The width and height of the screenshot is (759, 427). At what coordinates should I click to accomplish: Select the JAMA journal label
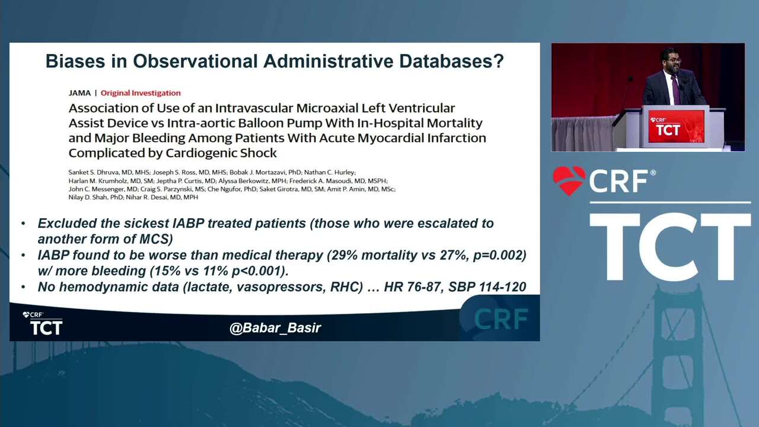pyautogui.click(x=79, y=93)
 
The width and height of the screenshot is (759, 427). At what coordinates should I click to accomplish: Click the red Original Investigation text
pyautogui.click(x=141, y=93)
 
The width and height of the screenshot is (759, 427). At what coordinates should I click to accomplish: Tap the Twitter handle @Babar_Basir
pyautogui.click(x=275, y=328)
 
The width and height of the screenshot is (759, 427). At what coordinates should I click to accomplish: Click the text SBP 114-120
pyautogui.click(x=487, y=287)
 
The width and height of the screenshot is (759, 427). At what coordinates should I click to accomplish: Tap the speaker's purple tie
pyautogui.click(x=675, y=90)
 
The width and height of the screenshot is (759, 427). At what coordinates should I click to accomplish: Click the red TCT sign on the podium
pyautogui.click(x=677, y=126)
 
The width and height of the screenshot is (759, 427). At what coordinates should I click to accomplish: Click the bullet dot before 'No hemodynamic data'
pyautogui.click(x=23, y=287)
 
